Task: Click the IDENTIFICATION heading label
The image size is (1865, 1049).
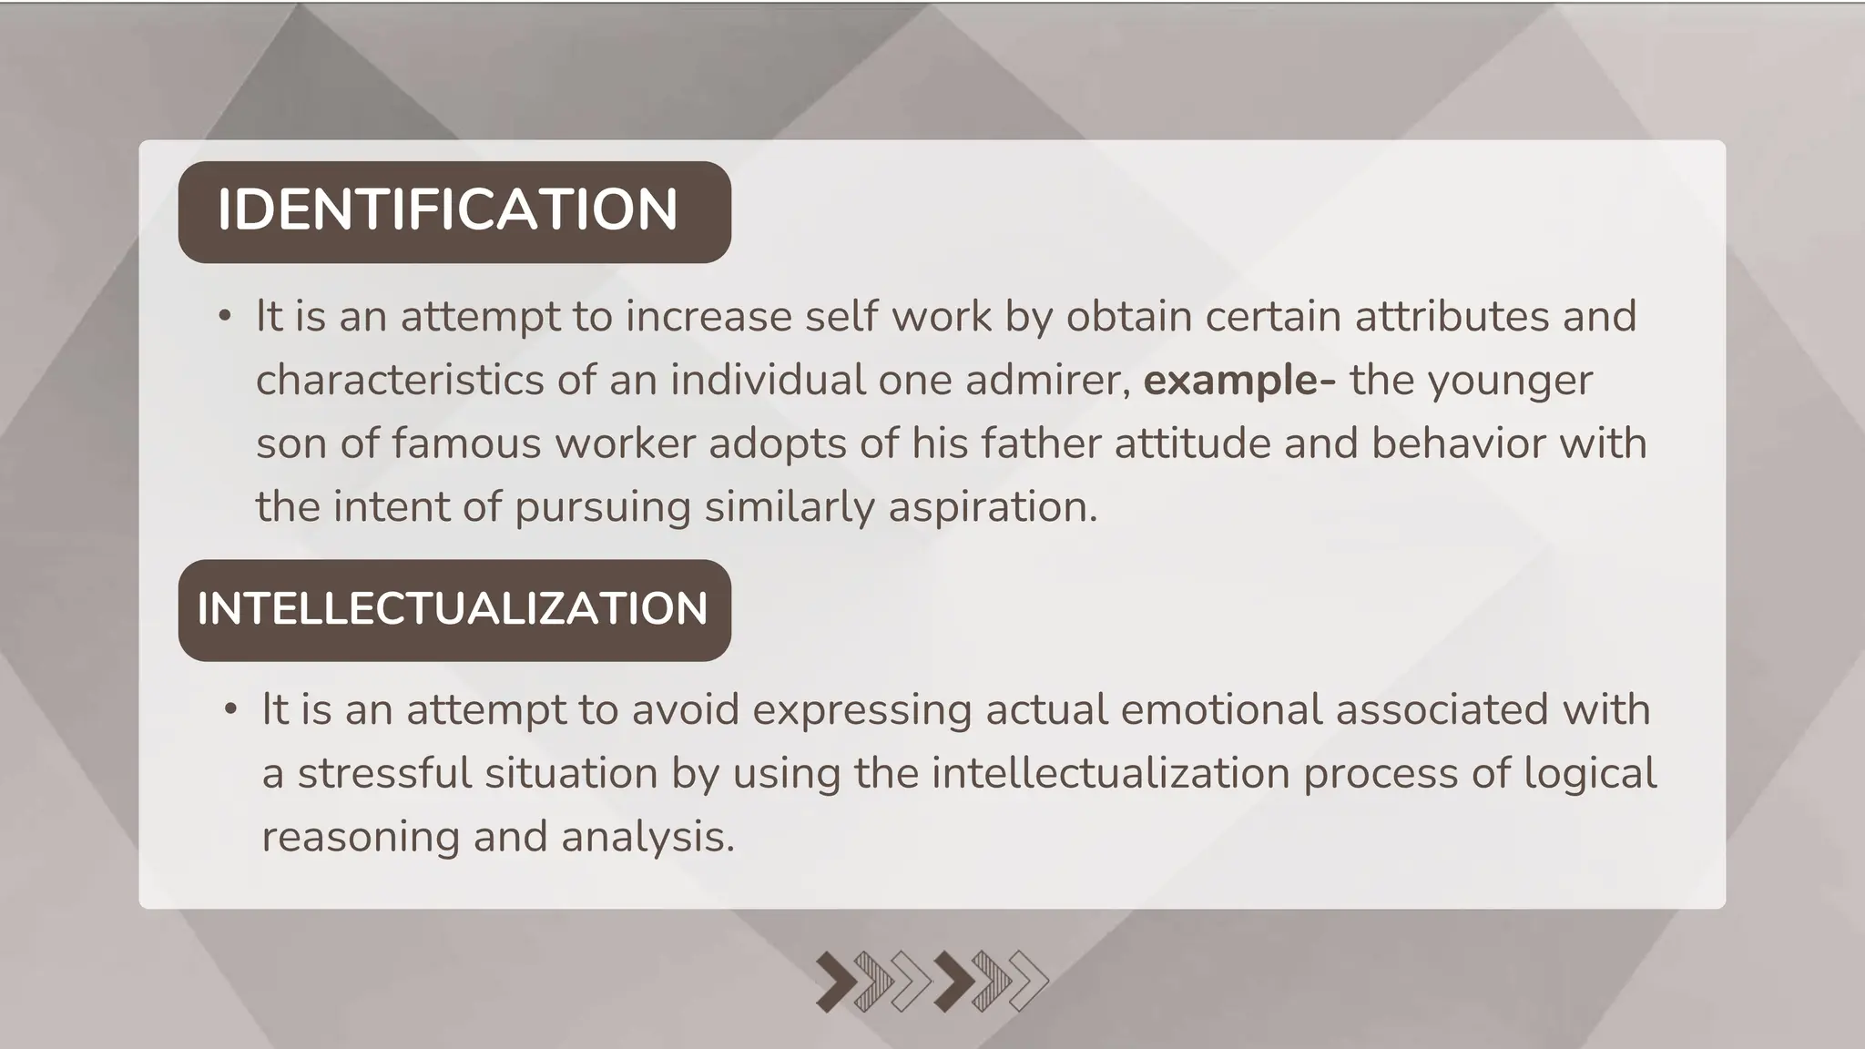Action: tap(447, 210)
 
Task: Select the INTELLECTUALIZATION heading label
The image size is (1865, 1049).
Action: tap(453, 609)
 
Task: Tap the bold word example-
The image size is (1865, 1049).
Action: tap(1239, 380)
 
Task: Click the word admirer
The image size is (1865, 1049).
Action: tap(1047, 380)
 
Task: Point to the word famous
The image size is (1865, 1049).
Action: tap(466, 443)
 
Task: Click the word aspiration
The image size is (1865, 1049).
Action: tap(993, 507)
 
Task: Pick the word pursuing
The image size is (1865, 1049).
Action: tap(603, 507)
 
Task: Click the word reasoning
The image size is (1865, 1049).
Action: tap(361, 837)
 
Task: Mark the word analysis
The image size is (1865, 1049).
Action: tap(647, 837)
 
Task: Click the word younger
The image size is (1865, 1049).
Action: tap(1509, 380)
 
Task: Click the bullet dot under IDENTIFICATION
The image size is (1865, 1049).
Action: tap(225, 317)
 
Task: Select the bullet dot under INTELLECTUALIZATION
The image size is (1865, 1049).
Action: tap(230, 710)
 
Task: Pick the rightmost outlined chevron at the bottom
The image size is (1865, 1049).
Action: tap(1028, 982)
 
